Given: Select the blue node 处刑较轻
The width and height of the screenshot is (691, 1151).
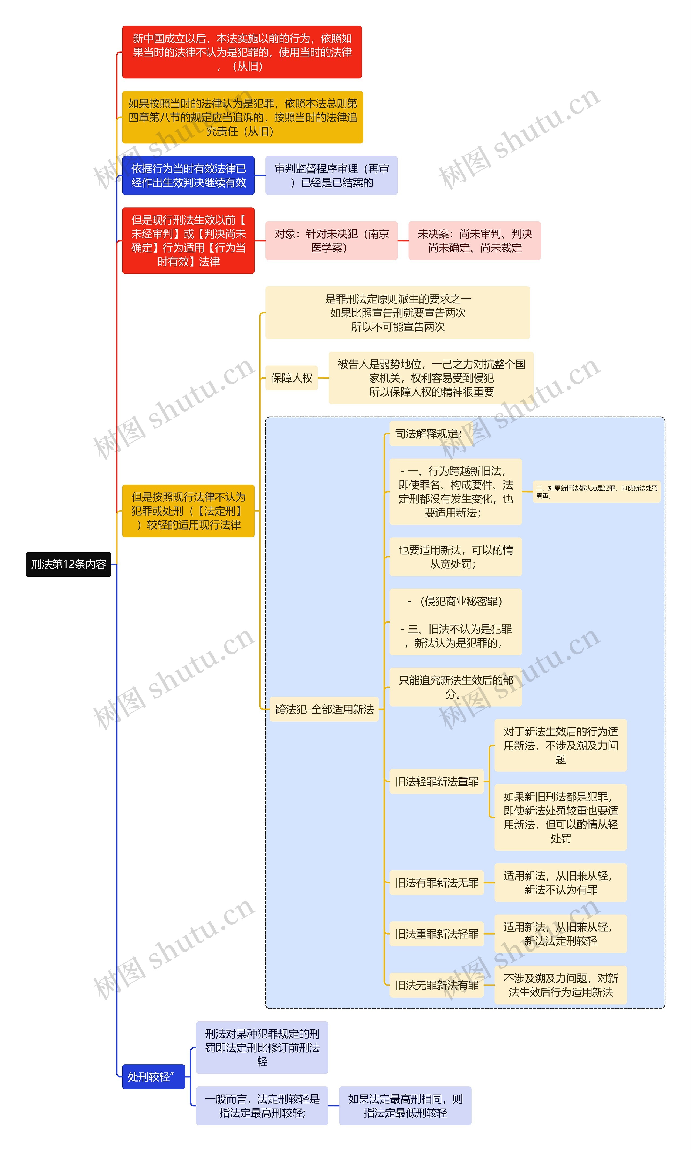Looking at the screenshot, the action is (x=153, y=1076).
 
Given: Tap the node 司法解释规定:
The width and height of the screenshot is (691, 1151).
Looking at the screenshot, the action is (x=428, y=433).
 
